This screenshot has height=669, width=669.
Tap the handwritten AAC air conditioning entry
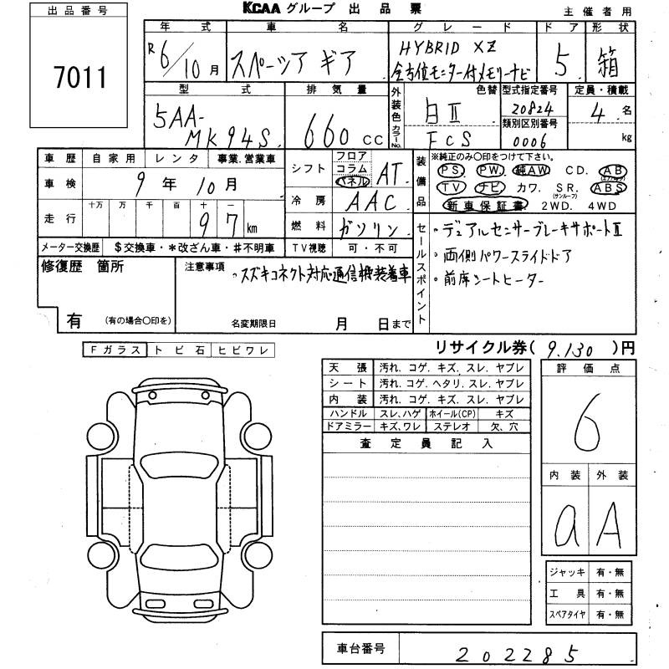click(369, 202)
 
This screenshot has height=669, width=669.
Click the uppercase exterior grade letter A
click(612, 525)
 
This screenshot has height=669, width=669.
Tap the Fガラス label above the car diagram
click(115, 350)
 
